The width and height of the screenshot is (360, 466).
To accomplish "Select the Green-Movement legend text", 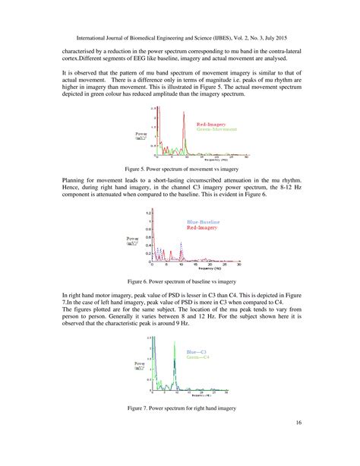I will pyautogui.click(x=215, y=129).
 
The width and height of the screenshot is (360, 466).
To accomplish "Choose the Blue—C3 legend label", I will pyautogui.click(x=198, y=351).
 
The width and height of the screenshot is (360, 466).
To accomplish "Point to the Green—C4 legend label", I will pyautogui.click(x=198, y=357).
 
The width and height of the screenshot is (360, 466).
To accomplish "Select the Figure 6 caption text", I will pyautogui.click(x=180, y=280).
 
